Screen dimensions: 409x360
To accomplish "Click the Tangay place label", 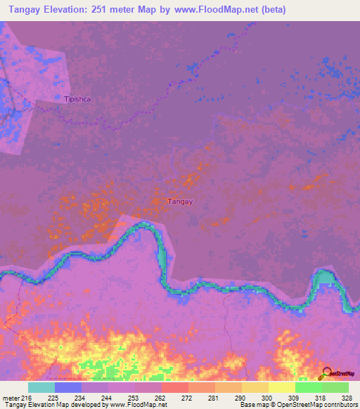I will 180,202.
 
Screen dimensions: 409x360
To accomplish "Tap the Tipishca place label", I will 77,99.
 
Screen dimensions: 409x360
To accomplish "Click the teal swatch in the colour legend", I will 41,387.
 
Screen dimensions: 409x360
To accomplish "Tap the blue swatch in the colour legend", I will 68,387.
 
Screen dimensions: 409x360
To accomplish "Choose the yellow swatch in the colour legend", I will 281,387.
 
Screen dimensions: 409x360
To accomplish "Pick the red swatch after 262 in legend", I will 175,387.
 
